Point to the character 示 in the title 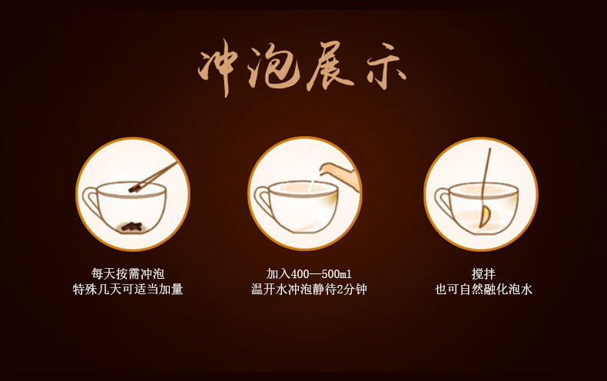pos(386,70)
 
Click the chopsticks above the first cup pos(153,177)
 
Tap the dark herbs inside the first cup pos(131,227)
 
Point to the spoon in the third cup pos(486,187)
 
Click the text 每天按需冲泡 pos(128,274)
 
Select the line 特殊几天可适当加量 pos(128,290)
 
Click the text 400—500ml pos(321,274)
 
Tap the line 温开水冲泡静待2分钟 pos(309,290)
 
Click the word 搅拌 pos(483,274)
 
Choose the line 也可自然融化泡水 pos(483,290)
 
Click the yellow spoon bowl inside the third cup pos(484,217)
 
